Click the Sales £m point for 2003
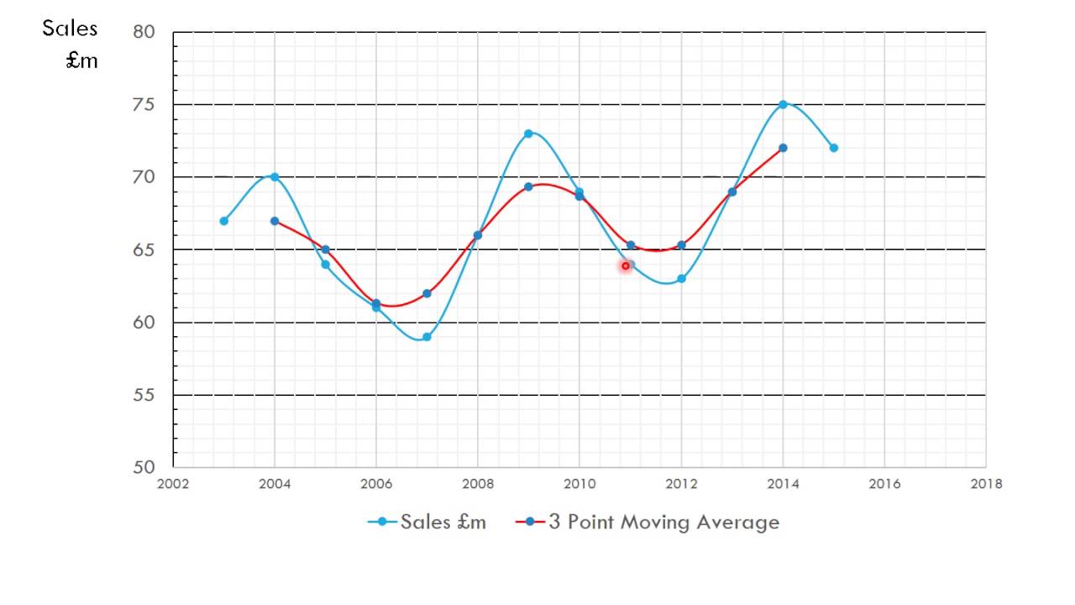pos(223,221)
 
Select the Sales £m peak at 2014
pos(783,104)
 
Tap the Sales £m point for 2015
pos(834,148)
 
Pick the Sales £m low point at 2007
pos(427,337)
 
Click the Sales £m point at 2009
pos(528,134)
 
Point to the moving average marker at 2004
pos(275,221)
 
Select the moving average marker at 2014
pos(783,148)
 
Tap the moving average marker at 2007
pos(427,293)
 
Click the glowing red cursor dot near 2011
pos(626,266)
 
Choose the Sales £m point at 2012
pos(681,278)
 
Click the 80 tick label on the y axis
pos(144,32)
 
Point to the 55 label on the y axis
pos(144,395)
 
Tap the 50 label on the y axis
pos(144,467)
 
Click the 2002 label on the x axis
pos(173,484)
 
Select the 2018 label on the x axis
pos(986,484)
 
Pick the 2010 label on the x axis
pos(579,484)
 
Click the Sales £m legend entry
pos(427,522)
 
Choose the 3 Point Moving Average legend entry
pos(648,522)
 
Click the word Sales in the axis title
pos(71,29)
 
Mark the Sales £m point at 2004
pos(275,177)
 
